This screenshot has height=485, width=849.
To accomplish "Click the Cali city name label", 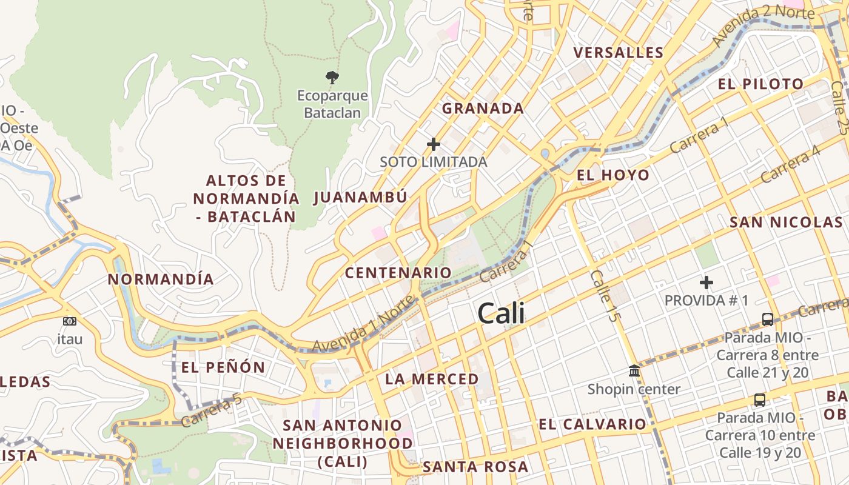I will point(501,314).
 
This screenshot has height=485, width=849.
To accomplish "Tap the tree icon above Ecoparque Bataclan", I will point(332,77).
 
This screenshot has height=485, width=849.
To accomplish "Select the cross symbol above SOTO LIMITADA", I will point(434,144).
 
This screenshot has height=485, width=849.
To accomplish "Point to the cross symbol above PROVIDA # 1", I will point(706,283).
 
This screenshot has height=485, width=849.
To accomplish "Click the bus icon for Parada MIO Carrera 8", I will point(767,319).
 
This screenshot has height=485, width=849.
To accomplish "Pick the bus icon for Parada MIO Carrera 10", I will point(759,400).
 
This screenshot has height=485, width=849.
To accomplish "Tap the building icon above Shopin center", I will point(634,370).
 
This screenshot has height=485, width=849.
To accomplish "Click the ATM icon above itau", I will point(70,321).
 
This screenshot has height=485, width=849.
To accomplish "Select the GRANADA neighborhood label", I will point(483,109).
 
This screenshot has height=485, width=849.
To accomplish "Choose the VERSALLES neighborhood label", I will point(619,53).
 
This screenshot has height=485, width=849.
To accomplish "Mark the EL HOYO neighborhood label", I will point(612,175).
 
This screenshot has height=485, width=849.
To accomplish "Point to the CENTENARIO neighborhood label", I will point(398,273).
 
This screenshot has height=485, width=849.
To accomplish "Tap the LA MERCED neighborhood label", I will point(432,380).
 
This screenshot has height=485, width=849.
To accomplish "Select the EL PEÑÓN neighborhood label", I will point(223,367).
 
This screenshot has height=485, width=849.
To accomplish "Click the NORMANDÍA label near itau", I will point(161,279).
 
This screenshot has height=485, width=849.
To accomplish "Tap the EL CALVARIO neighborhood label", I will point(592,424).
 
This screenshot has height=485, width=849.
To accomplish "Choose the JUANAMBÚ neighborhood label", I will point(360,198).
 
